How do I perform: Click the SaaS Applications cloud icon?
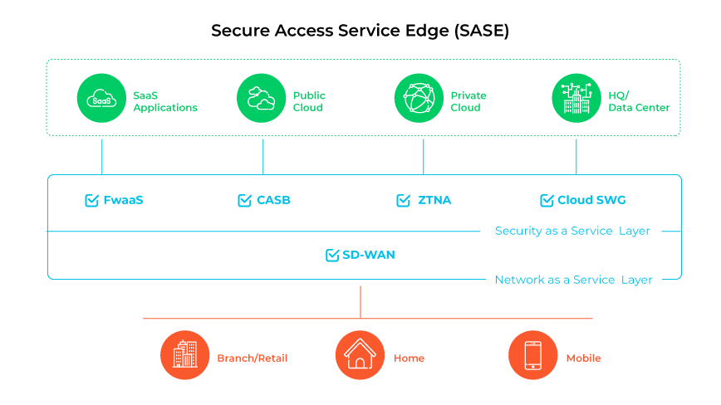click(x=101, y=98)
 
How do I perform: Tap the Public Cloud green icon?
click(x=262, y=98)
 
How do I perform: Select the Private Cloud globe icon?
click(x=419, y=98)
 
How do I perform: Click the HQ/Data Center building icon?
click(x=576, y=98)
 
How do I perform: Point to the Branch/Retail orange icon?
click(x=184, y=355)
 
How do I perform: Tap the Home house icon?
click(x=360, y=355)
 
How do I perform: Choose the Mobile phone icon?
click(x=532, y=355)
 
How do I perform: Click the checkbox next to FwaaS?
click(x=92, y=200)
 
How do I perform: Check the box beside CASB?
click(x=244, y=200)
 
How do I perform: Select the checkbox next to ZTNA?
click(x=404, y=200)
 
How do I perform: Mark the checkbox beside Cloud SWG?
click(x=547, y=200)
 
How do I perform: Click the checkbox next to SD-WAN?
click(x=332, y=255)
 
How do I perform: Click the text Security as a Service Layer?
click(x=572, y=231)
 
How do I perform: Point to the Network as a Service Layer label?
click(x=573, y=280)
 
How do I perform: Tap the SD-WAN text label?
click(x=369, y=255)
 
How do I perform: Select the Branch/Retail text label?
click(x=252, y=359)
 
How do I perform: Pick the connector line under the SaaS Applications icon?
click(x=102, y=156)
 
